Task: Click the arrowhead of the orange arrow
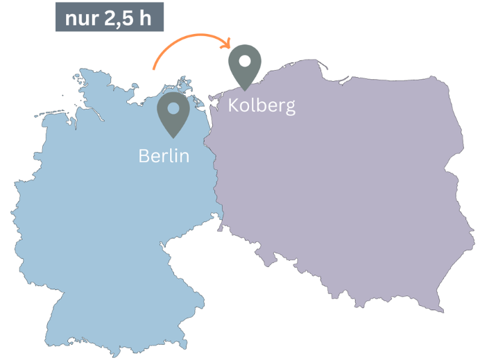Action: pyautogui.click(x=228, y=46)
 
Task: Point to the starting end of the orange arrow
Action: pyautogui.click(x=153, y=69)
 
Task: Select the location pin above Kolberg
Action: pyautogui.click(x=245, y=65)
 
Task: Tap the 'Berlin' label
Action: pyautogui.click(x=164, y=155)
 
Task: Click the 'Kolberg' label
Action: pyautogui.click(x=261, y=106)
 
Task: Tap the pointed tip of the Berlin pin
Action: pyautogui.click(x=173, y=136)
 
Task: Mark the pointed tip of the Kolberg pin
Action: pyautogui.click(x=245, y=89)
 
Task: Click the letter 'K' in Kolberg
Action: pyautogui.click(x=233, y=105)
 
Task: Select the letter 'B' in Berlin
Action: pyautogui.click(x=144, y=155)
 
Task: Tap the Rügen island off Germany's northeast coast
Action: pyautogui.click(x=186, y=86)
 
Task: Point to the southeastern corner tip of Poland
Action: pyautogui.click(x=439, y=310)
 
